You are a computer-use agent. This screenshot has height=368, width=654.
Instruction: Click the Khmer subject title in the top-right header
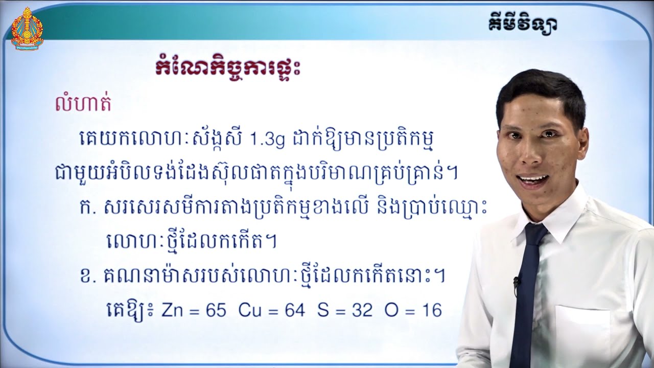[x=521, y=24]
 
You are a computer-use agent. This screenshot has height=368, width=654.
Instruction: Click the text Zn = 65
[x=194, y=310]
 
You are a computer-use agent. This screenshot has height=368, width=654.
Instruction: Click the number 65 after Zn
[x=215, y=310]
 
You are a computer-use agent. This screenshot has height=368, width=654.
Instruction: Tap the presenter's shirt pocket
[x=582, y=332]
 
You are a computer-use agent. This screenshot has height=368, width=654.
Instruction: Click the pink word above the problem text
[x=83, y=104]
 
